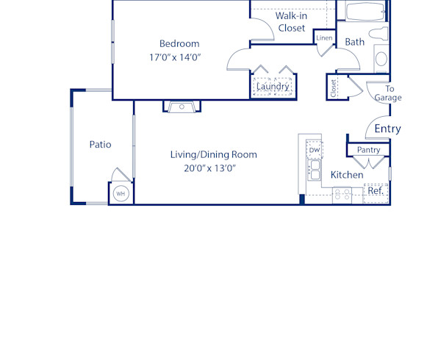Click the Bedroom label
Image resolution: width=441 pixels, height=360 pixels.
click(179, 43)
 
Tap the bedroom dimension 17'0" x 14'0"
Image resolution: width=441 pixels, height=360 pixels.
click(179, 57)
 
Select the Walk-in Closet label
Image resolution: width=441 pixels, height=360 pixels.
click(291, 22)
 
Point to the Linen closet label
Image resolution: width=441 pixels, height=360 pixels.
click(324, 38)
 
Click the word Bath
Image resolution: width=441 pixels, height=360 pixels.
click(355, 42)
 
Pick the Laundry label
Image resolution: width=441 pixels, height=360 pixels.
click(273, 87)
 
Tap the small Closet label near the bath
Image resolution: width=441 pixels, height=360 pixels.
click(334, 88)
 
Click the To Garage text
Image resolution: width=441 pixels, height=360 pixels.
click(390, 93)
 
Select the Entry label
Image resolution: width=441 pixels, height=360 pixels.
click(387, 129)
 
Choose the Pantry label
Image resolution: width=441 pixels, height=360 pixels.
click(368, 150)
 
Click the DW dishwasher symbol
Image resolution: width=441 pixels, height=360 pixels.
click(315, 151)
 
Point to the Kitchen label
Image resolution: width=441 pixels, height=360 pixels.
click(346, 176)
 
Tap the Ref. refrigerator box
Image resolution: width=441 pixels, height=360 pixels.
click(376, 191)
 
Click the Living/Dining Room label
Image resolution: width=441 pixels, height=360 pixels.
click(213, 154)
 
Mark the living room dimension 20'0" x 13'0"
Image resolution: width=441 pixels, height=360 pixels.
click(213, 168)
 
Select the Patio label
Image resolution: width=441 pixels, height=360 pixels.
click(100, 145)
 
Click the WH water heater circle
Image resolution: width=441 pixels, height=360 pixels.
click(121, 193)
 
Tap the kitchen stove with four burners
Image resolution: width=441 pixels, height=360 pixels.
click(342, 195)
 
